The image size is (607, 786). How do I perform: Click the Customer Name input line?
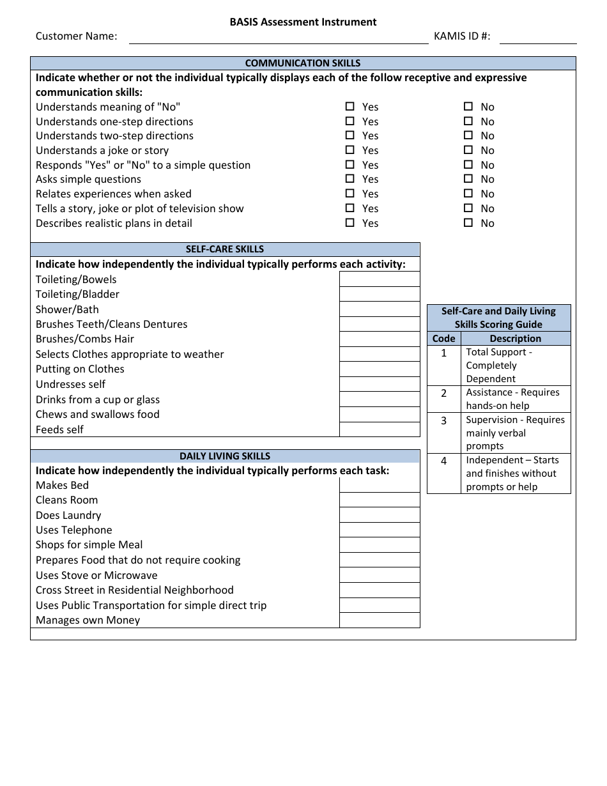tap(279, 38)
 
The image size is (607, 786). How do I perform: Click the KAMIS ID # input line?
tap(538, 38)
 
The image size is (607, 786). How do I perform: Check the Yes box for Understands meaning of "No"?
tap(350, 107)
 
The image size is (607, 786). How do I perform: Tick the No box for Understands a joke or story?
tap(468, 150)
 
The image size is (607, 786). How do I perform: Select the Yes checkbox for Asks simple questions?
tap(350, 179)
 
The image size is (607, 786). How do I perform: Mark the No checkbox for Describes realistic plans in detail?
tap(468, 223)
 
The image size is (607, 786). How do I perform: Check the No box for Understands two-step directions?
tap(468, 135)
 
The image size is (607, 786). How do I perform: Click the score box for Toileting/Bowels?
tap(380, 279)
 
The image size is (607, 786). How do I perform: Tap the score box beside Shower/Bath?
tap(380, 309)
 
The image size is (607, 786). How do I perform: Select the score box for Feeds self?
tap(380, 429)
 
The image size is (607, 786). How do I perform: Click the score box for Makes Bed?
tap(380, 485)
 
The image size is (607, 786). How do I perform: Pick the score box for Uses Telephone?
tap(380, 530)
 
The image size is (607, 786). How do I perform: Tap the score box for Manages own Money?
tap(380, 620)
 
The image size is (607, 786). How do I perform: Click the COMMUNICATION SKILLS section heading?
tap(303, 63)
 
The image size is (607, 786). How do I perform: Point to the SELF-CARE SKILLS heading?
tap(225, 249)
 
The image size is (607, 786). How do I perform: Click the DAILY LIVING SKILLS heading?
tap(225, 456)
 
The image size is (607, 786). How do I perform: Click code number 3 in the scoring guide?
tap(444, 421)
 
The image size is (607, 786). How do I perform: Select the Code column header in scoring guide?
tap(444, 339)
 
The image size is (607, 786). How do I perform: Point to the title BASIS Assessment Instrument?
tap(303, 22)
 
